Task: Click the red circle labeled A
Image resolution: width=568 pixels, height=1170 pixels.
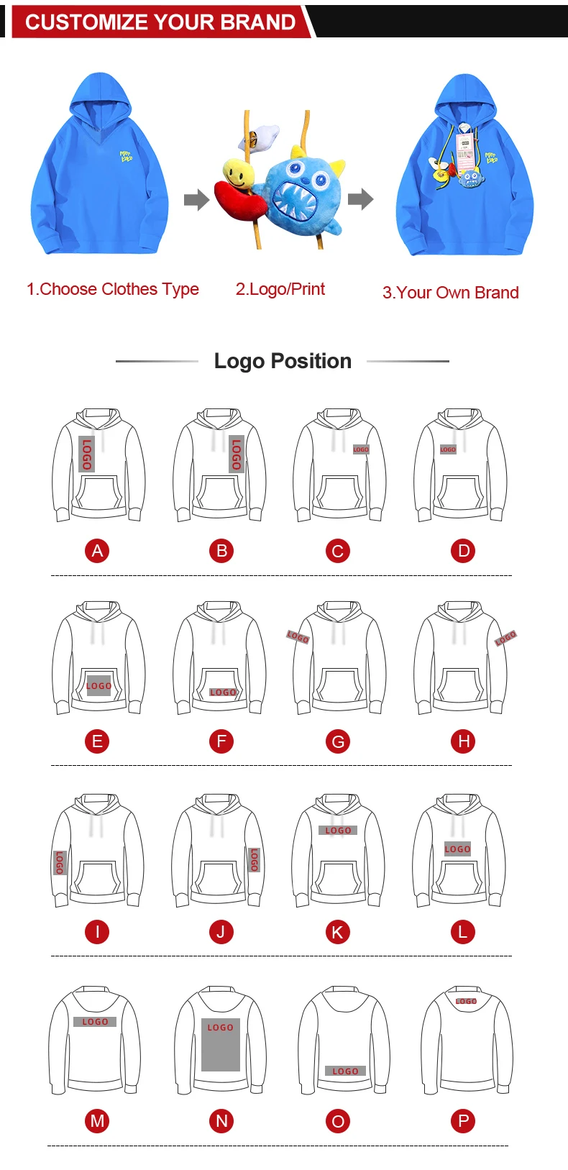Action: tap(97, 551)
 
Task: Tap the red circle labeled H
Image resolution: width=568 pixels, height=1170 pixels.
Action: tap(464, 741)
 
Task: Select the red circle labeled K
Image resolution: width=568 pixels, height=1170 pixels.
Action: tap(337, 932)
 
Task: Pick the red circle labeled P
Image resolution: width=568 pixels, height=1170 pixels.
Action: tap(464, 1120)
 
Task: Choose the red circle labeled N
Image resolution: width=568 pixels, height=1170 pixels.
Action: tap(221, 1120)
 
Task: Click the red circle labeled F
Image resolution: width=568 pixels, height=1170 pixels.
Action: tap(221, 741)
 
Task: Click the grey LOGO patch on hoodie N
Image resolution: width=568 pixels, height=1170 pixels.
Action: tap(220, 1045)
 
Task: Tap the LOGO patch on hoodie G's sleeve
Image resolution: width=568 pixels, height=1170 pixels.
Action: tap(298, 636)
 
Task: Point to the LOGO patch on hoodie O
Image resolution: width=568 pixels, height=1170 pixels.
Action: tap(345, 1071)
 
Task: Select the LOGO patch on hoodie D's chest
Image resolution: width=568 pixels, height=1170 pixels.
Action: tap(448, 449)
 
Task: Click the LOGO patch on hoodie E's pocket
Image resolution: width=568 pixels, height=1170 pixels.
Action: tap(99, 685)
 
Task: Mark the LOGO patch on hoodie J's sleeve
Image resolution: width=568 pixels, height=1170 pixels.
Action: tap(253, 859)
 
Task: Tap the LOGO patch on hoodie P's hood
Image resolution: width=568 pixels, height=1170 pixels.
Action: tap(466, 1001)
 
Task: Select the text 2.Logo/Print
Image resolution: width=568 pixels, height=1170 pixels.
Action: tap(280, 289)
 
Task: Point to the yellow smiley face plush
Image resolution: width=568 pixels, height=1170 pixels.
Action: tap(237, 171)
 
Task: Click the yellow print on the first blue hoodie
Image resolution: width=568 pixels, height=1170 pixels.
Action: tap(127, 155)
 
